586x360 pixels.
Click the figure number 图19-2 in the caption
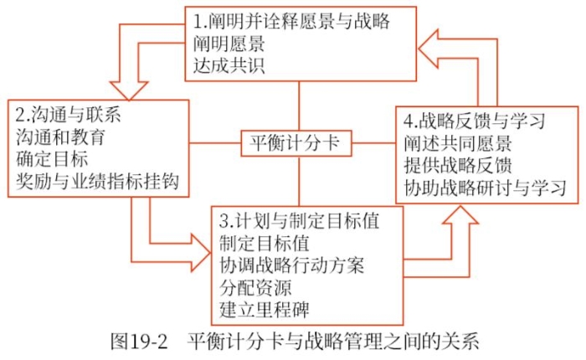[x=141, y=342]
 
